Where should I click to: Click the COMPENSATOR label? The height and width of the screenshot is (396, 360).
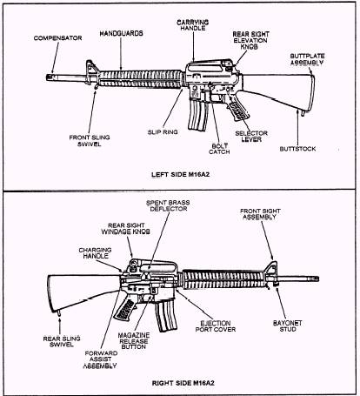(57, 38)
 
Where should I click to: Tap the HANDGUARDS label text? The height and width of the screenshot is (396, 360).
(120, 32)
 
